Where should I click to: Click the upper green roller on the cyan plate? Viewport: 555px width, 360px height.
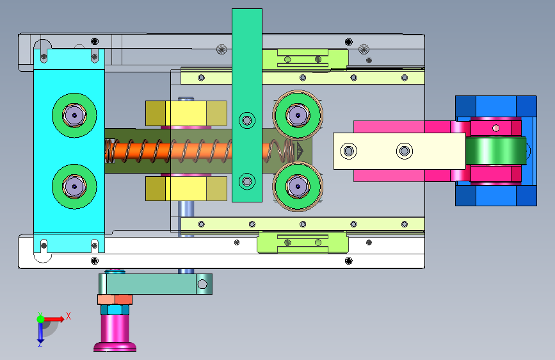74,115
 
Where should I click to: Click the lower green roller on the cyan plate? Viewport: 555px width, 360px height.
74,186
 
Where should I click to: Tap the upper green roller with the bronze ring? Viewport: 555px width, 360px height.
298,115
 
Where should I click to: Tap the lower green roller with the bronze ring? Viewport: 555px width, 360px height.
298,186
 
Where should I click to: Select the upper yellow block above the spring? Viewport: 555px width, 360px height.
186,113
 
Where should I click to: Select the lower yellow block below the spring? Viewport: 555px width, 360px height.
186,188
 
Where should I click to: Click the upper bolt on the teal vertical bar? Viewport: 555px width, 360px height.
247,120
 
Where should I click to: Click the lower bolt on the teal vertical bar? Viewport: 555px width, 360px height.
247,181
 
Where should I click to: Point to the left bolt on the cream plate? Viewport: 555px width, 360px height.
349,151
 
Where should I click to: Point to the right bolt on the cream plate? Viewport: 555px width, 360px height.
404,151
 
